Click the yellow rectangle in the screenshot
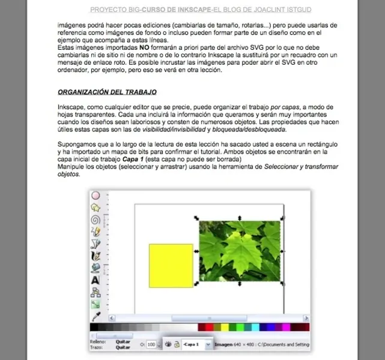[x=171, y=265]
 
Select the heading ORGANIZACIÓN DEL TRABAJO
[x=107, y=92]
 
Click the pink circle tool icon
[x=95, y=196]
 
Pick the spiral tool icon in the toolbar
[x=95, y=220]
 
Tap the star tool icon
[x=95, y=208]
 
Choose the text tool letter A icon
[x=95, y=280]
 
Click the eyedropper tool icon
[x=95, y=316]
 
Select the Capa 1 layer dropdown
[x=198, y=345]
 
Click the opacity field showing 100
[x=151, y=345]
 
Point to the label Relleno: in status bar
[x=98, y=341]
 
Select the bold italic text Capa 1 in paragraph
[x=134, y=160]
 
